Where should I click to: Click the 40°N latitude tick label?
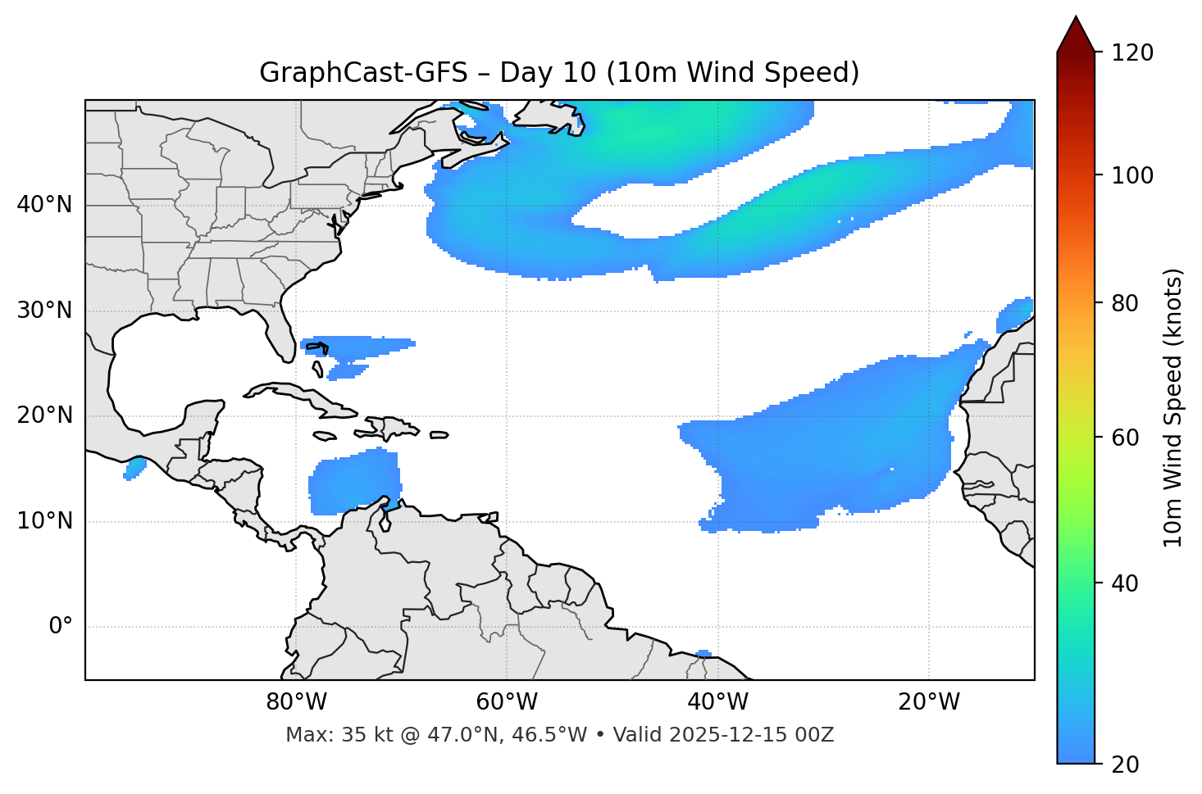tap(44, 205)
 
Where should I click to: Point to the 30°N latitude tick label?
tap(44, 311)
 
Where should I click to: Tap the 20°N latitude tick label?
tap(44, 416)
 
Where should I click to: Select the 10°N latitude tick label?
tap(44, 521)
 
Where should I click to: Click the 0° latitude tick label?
tap(61, 627)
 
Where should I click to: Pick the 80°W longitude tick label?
tap(296, 702)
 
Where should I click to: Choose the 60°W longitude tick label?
tap(507, 702)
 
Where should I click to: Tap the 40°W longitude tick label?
tap(717, 702)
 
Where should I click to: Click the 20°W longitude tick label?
tap(929, 702)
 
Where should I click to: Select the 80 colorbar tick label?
tap(1131, 303)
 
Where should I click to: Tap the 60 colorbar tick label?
tap(1131, 438)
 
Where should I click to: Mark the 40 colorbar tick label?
tap(1131, 583)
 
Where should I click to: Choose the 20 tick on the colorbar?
tap(1131, 765)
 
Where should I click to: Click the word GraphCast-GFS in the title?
tap(363, 73)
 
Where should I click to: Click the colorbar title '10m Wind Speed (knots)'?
tap(1173, 407)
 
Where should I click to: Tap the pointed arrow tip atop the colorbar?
tap(1076, 20)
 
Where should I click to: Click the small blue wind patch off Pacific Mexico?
tap(134, 468)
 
